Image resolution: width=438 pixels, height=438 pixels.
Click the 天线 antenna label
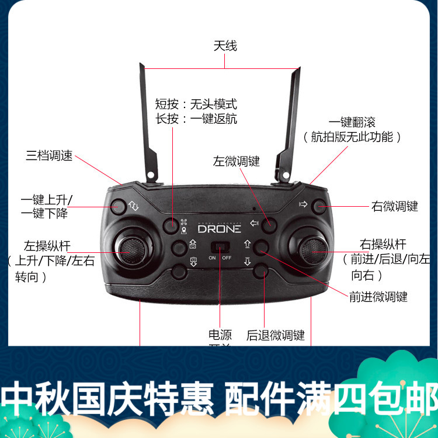click(225, 46)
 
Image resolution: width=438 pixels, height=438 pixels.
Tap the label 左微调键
click(237, 161)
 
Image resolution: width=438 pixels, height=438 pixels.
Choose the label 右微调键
click(395, 206)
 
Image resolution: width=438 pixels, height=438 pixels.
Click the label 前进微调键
click(378, 297)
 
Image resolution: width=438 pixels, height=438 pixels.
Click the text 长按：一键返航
click(196, 119)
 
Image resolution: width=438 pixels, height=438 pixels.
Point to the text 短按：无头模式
click(196, 105)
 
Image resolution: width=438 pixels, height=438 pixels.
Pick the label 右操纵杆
click(383, 244)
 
